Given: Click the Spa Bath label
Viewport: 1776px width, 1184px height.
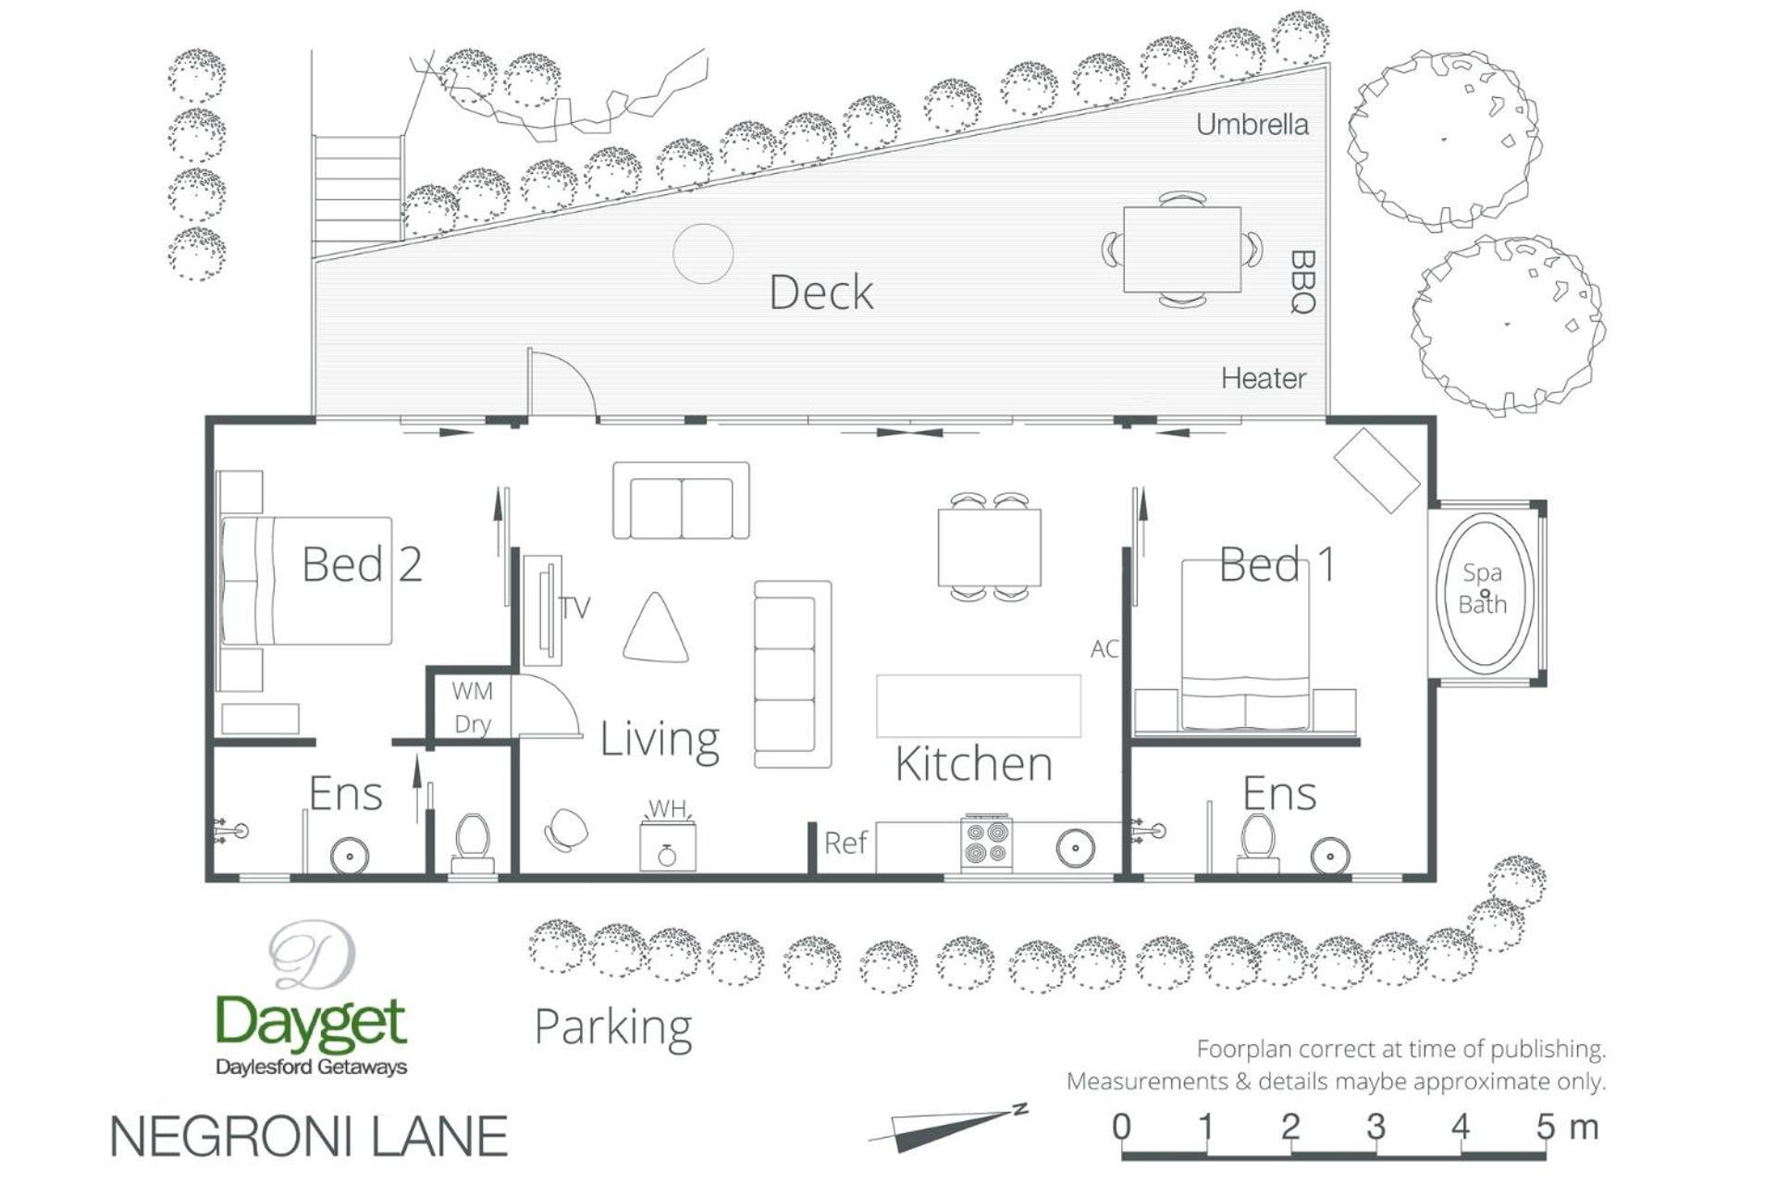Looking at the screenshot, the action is click(x=1482, y=588).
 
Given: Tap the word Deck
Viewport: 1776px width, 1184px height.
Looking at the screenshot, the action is click(x=821, y=292).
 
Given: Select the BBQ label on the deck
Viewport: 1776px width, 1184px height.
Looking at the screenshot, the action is click(x=1302, y=282).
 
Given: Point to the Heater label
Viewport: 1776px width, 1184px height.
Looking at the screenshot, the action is click(x=1264, y=378).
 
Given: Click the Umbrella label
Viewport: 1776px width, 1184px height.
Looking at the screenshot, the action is click(x=1252, y=124).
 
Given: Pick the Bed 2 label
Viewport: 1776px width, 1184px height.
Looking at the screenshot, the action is click(x=363, y=563).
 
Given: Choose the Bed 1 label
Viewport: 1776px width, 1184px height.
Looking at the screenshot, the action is click(x=1277, y=563).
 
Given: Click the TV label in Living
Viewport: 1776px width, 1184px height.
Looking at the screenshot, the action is click(x=574, y=608).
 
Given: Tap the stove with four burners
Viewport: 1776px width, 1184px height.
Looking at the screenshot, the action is click(x=986, y=842).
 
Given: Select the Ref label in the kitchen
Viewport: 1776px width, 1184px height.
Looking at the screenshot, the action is click(x=845, y=843).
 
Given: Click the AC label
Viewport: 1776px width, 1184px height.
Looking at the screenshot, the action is click(x=1104, y=648).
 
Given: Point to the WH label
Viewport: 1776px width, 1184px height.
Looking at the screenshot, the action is click(x=667, y=808).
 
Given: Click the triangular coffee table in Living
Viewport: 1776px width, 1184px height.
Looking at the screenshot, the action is click(x=656, y=629).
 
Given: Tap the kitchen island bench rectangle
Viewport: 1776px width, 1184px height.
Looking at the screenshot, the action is click(x=979, y=706).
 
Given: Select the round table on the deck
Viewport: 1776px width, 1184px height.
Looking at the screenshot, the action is click(x=703, y=253).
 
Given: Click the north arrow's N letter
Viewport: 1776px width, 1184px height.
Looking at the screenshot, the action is click(x=1020, y=1108).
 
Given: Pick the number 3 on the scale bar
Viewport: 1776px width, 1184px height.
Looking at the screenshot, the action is click(x=1375, y=1126).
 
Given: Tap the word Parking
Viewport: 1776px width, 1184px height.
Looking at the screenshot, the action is click(x=613, y=1029).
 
